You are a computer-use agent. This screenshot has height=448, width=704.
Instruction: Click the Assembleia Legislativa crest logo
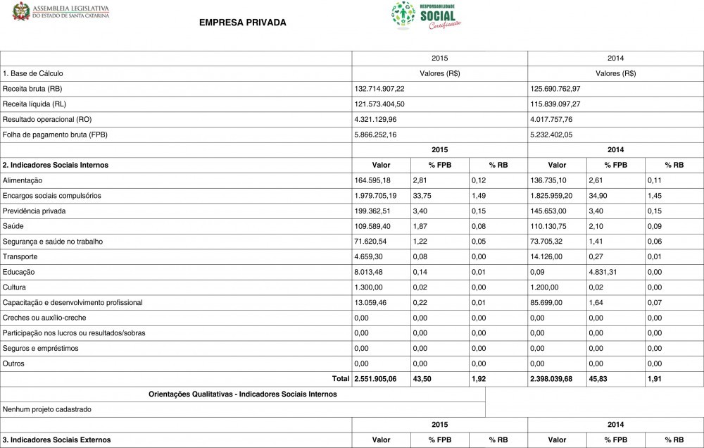[20, 11]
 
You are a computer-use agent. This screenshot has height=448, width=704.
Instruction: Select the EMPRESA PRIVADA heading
[243, 23]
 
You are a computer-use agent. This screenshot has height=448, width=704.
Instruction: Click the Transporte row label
[20, 256]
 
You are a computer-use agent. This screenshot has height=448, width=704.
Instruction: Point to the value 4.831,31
[604, 272]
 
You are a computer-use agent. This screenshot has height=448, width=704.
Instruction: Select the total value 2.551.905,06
[375, 379]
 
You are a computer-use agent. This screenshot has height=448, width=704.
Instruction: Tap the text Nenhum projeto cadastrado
[47, 409]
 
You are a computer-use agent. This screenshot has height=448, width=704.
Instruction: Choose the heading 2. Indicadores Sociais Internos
[56, 165]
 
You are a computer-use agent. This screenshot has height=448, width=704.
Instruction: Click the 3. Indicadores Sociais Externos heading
[57, 440]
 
